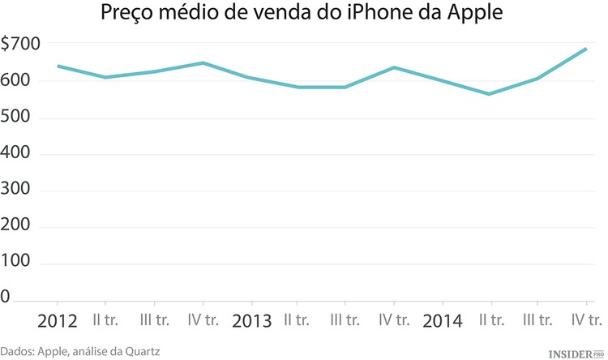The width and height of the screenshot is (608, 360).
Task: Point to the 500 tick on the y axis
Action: pos(17,118)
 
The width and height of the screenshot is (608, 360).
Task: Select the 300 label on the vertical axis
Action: pos(17,191)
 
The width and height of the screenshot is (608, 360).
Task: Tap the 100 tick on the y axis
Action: pos(17,264)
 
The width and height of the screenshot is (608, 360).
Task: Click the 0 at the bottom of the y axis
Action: pos(6,299)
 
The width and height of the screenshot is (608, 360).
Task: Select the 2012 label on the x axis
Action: pos(58,320)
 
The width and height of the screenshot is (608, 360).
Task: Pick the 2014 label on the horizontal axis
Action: pos(443,320)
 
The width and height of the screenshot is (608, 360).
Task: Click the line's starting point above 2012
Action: pos(58,66)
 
